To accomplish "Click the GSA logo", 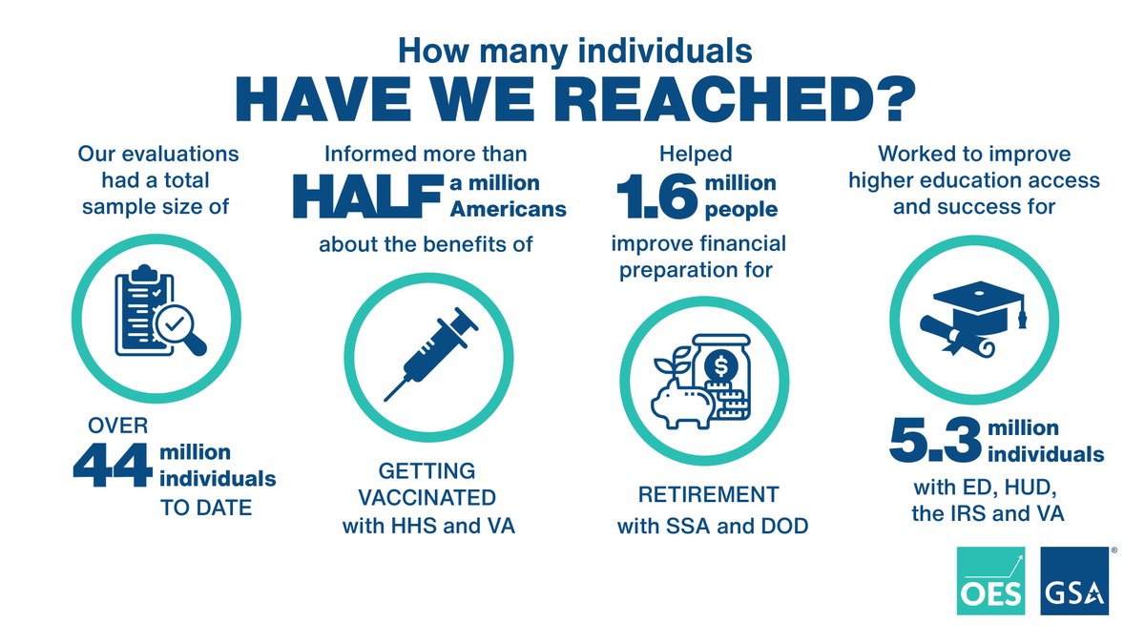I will (x=1073, y=581).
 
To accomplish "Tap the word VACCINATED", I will (x=428, y=498).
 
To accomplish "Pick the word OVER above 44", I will (x=100, y=426).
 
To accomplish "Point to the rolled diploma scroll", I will (x=954, y=332).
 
